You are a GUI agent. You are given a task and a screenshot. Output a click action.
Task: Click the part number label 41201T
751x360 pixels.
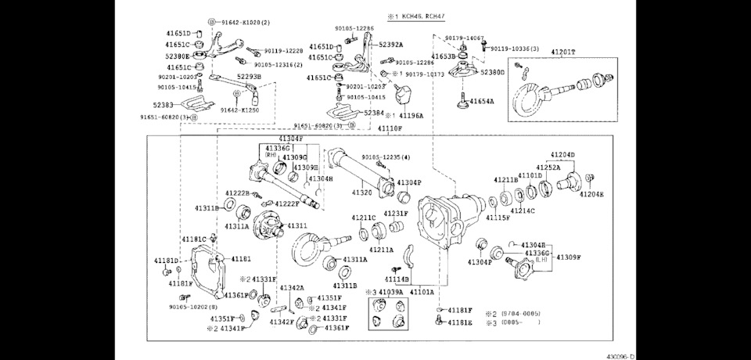click(562, 52)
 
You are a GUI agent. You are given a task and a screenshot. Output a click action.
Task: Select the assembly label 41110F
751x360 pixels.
click(390, 128)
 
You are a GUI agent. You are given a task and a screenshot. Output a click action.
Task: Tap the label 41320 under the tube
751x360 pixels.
click(361, 193)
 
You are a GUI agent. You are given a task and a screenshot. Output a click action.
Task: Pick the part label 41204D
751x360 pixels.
click(562, 155)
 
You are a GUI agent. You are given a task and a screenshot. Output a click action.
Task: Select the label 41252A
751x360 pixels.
click(548, 167)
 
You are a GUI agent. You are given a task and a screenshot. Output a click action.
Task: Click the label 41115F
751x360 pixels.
click(498, 218)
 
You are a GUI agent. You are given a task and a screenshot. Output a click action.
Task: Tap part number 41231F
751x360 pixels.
click(396, 214)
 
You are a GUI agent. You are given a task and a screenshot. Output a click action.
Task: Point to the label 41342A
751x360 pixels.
click(291, 288)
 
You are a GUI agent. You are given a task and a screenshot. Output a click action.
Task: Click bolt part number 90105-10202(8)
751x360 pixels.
click(193, 306)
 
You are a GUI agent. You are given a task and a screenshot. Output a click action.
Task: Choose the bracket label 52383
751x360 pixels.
click(163, 104)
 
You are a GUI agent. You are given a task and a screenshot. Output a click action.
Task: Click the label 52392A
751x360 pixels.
click(391, 45)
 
